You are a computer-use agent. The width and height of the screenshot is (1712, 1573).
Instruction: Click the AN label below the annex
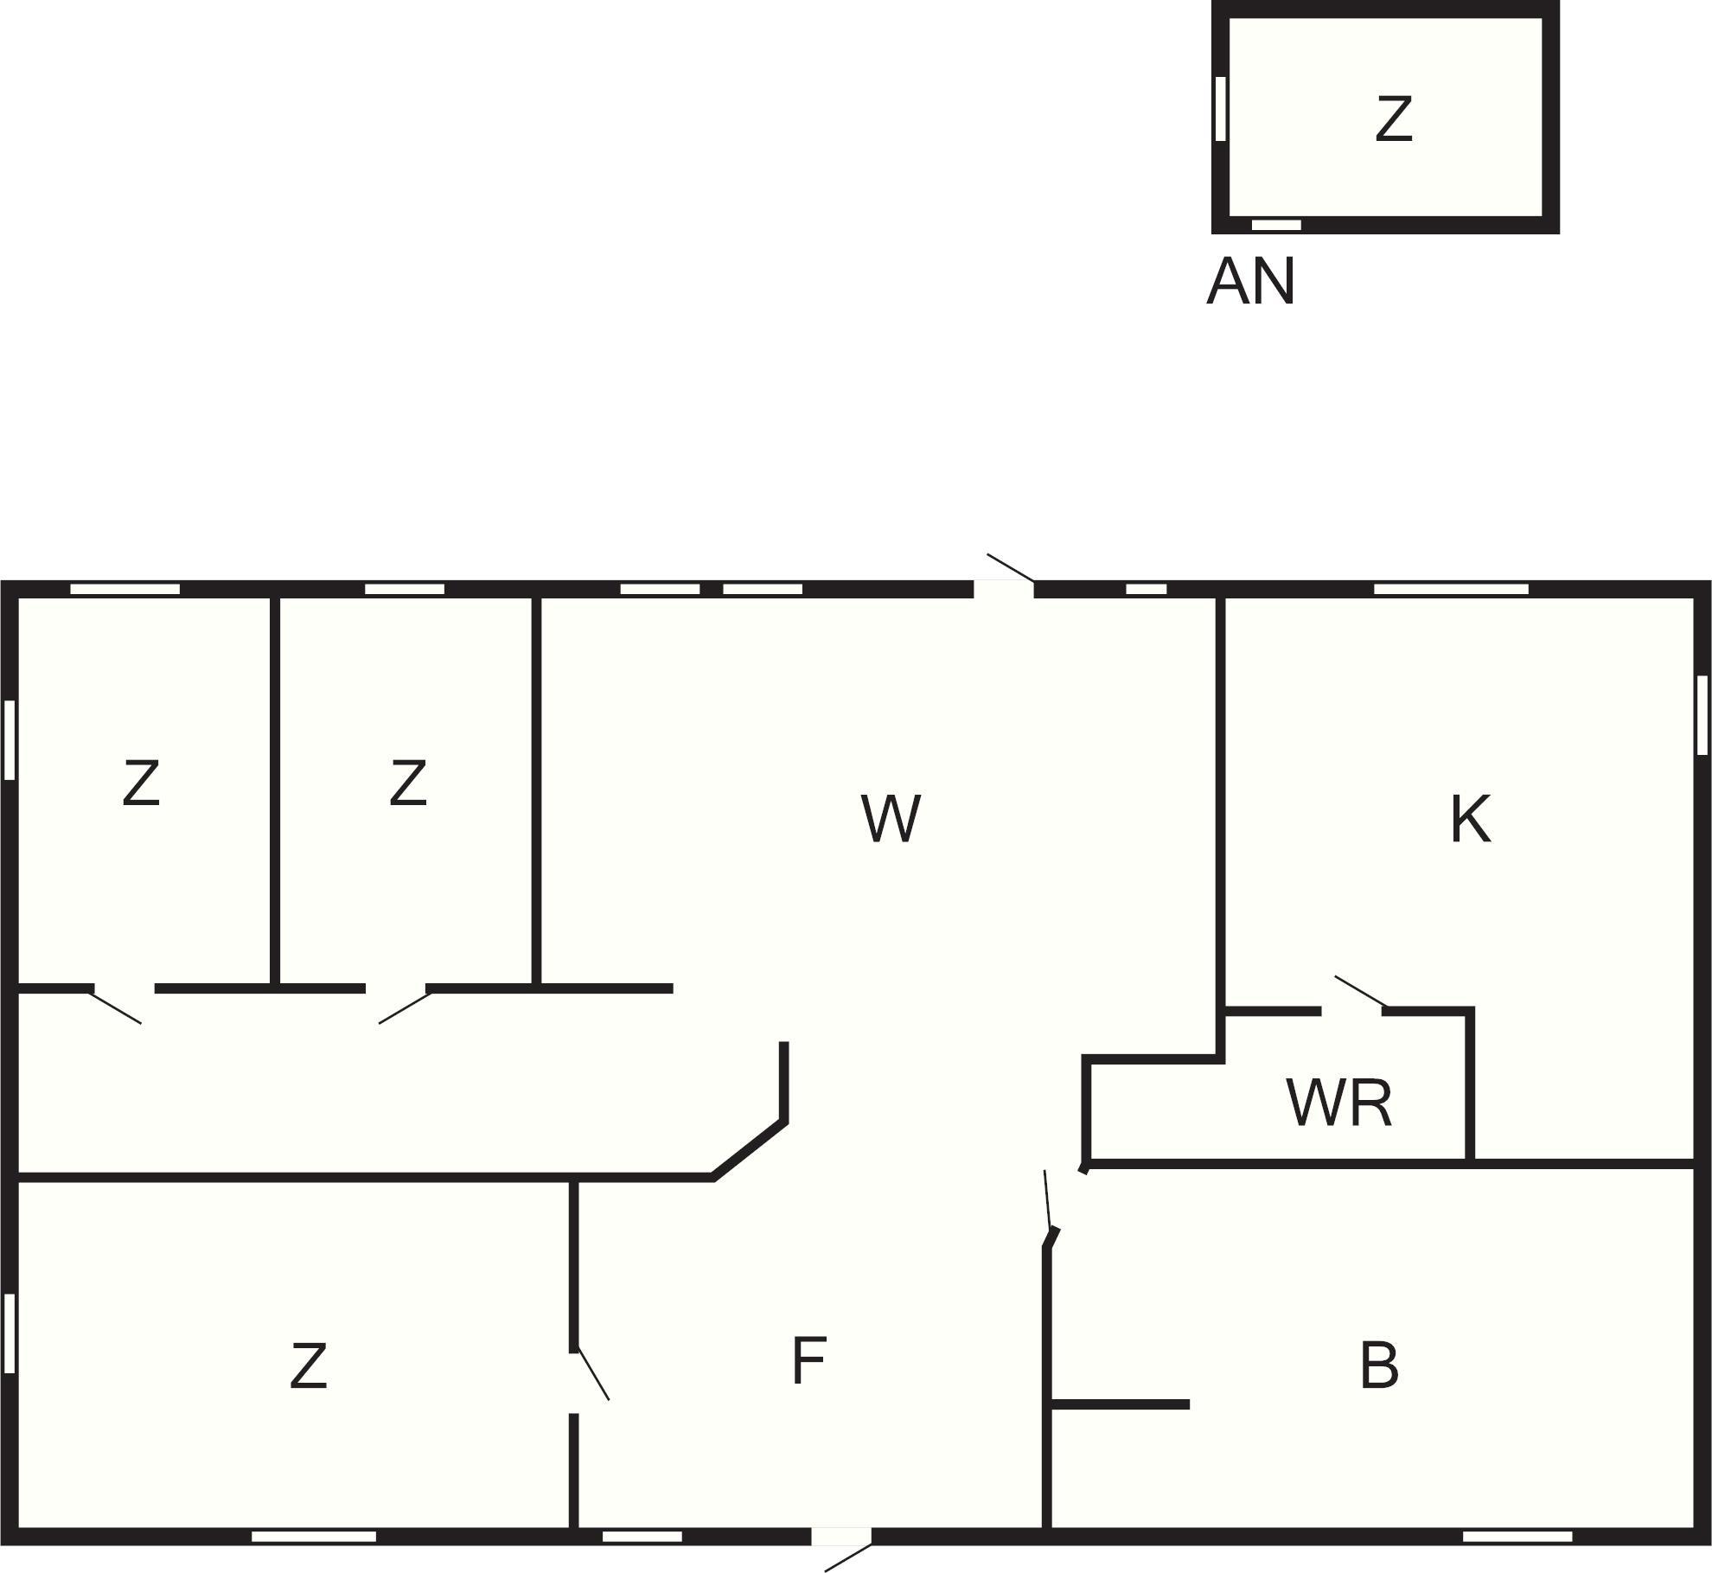1251,281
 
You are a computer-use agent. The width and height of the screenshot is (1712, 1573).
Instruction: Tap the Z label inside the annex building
1393,118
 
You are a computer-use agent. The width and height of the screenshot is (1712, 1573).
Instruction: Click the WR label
1339,1103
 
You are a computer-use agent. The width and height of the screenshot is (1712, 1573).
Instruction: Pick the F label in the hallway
809,1360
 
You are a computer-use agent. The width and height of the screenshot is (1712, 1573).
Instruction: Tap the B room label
1378,1366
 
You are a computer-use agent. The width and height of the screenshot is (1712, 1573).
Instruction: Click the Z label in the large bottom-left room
308,1366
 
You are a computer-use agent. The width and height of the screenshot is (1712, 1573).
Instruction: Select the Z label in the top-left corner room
141,783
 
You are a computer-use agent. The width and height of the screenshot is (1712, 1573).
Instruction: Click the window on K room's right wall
1702,715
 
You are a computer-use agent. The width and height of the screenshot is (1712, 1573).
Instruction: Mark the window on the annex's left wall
1221,108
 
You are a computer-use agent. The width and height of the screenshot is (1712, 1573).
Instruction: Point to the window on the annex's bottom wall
1276,225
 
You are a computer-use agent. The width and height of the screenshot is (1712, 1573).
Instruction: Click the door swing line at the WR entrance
1361,992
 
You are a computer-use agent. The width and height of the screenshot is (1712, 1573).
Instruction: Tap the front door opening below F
841,1537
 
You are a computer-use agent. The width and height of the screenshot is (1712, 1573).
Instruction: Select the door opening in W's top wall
1004,589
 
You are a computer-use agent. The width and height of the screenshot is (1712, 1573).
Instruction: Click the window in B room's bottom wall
1517,1537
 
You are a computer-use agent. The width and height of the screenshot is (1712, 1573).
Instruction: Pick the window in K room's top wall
1451,589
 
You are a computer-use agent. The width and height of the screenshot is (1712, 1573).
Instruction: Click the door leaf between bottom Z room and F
593,1373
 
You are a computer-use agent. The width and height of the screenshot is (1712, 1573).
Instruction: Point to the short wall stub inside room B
1121,1404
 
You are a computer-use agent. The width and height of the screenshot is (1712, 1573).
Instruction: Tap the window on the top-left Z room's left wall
10,739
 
